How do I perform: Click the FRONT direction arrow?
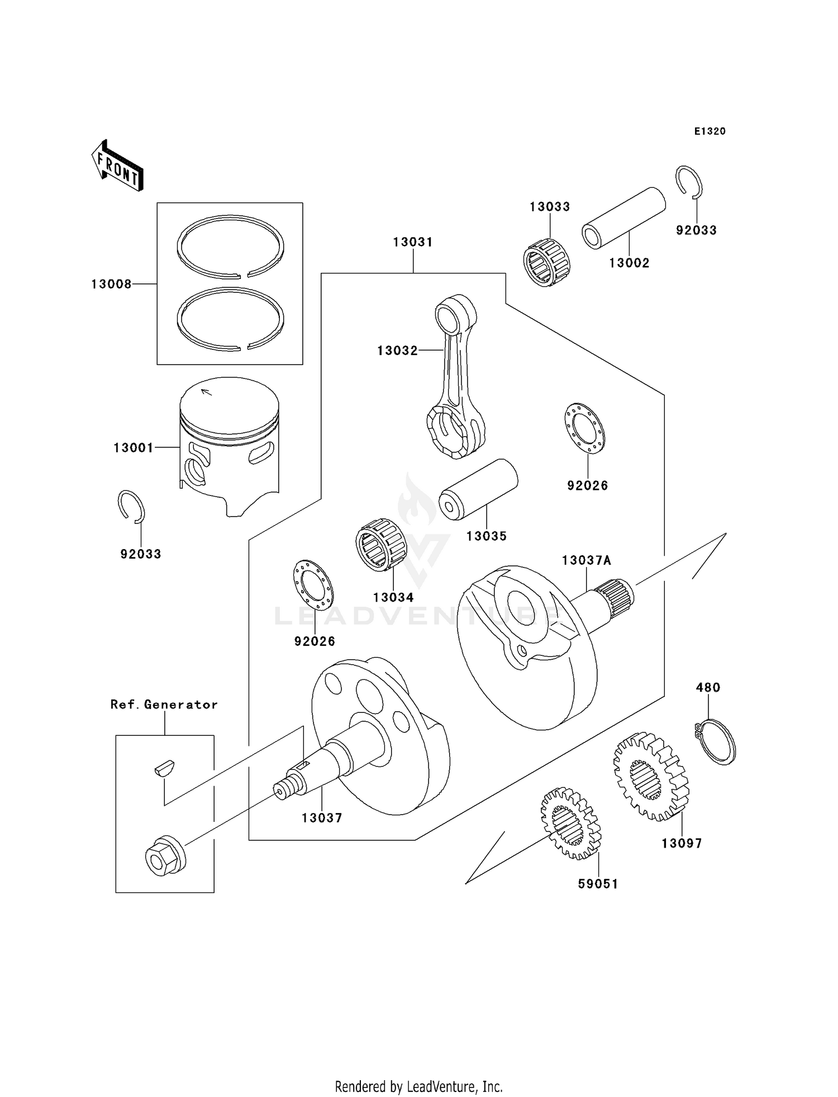coord(117,166)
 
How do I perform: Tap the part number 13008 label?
coord(111,285)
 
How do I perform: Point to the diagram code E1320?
coord(710,131)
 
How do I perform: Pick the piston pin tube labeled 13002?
coord(623,217)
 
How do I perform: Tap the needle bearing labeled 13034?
coord(380,545)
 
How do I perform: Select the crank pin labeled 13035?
coord(478,489)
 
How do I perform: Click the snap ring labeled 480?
coord(716,742)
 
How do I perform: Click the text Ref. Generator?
coord(164,704)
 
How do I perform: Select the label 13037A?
coord(587,560)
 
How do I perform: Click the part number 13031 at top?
coord(413,242)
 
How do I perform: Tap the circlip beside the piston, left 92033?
coord(132,507)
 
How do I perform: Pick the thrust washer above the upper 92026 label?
coord(584,428)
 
